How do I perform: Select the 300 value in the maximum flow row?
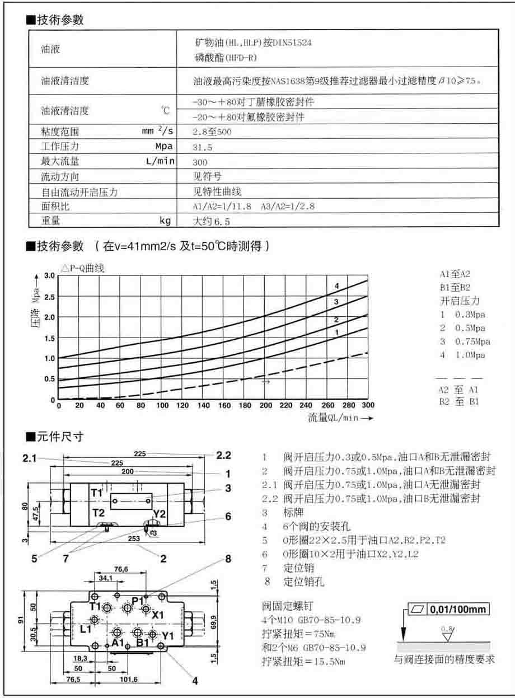(200, 162)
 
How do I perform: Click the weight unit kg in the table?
(165, 221)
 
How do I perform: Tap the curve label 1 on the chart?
(336, 332)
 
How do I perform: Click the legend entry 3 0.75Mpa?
(465, 342)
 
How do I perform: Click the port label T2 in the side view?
(99, 513)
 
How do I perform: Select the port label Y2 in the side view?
(160, 513)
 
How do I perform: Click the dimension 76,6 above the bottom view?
(121, 569)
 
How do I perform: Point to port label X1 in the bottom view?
(158, 615)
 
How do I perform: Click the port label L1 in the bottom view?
(85, 629)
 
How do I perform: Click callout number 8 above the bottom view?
(228, 559)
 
